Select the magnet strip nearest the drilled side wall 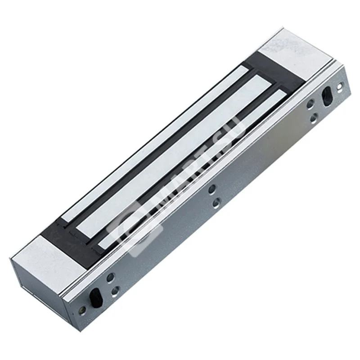click(x=193, y=171)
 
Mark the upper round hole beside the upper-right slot click(x=310, y=104)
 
